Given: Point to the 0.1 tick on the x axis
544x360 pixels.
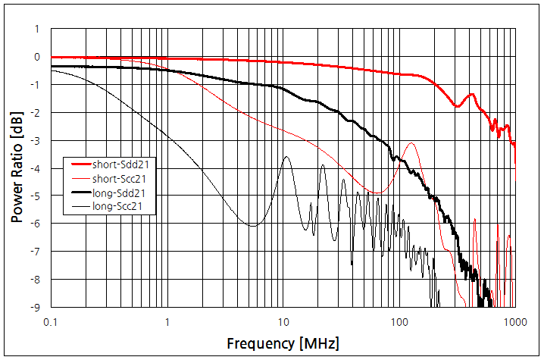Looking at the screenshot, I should click(x=52, y=321).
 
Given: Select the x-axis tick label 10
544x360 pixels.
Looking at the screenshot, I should click(x=283, y=321).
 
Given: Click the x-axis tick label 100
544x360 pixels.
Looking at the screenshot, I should click(x=399, y=321).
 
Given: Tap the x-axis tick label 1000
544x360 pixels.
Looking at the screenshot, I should click(x=515, y=321).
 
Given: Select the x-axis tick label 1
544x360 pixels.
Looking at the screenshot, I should click(x=167, y=321).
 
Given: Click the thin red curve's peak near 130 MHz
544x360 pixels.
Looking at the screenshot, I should click(x=411, y=142).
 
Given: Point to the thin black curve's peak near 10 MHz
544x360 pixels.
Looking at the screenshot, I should click(x=286, y=156).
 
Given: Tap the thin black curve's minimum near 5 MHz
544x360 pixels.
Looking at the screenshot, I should click(x=252, y=226).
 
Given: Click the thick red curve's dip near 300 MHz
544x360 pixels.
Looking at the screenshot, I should click(x=457, y=106).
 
